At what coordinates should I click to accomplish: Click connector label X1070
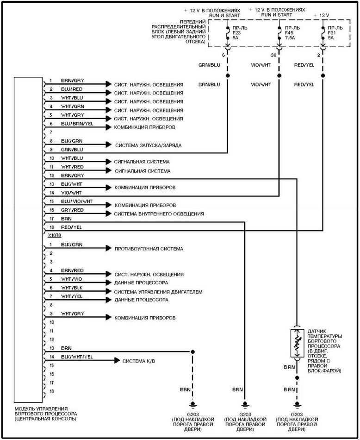click(x=55, y=235)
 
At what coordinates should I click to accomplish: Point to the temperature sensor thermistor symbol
click(x=297, y=343)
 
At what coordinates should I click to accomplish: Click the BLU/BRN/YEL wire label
click(x=77, y=124)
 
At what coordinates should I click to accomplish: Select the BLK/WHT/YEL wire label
click(x=77, y=357)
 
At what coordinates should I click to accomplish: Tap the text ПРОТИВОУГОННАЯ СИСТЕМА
click(x=149, y=249)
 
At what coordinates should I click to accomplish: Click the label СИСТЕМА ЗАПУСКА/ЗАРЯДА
click(x=149, y=145)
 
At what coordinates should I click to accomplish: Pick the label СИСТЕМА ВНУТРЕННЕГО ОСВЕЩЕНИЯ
click(x=159, y=214)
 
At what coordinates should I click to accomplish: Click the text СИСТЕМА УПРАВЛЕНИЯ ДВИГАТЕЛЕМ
click(x=158, y=292)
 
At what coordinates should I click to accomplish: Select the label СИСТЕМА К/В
click(x=138, y=361)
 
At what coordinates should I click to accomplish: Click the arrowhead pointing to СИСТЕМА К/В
click(x=117, y=361)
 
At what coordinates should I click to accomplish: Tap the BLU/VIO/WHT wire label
click(x=77, y=201)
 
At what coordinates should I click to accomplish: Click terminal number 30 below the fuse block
click(x=273, y=55)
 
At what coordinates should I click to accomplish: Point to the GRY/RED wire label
click(x=72, y=210)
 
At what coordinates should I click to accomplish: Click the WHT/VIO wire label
click(x=72, y=279)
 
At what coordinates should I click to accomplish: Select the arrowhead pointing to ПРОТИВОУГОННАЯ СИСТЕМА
click(x=108, y=248)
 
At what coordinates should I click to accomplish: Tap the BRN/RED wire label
click(x=72, y=270)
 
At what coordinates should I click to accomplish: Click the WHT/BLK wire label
click(x=72, y=288)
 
